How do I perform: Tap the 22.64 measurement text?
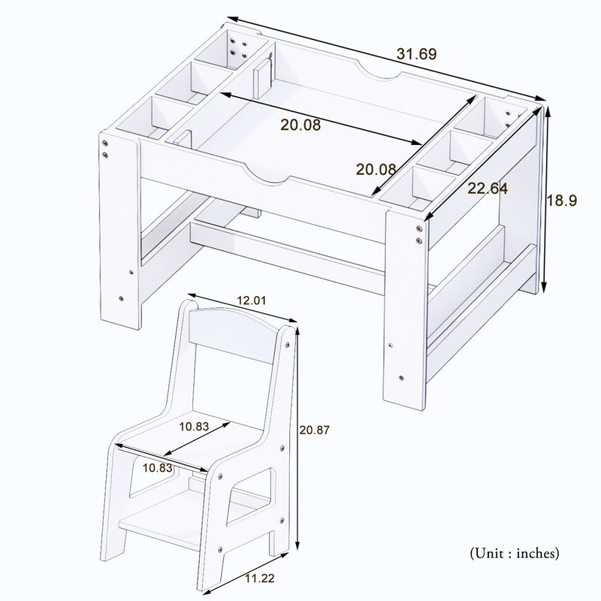coord(488,189)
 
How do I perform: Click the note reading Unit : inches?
coord(514,554)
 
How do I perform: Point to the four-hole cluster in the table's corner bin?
coord(238,48)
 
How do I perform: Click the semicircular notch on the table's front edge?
coord(267,177)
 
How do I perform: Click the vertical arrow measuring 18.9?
coord(545,199)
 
